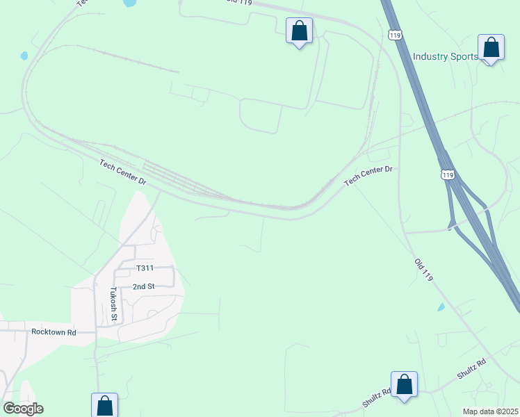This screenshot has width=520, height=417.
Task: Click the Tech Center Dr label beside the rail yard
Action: click(123, 172)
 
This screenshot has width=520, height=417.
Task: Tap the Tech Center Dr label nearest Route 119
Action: click(368, 174)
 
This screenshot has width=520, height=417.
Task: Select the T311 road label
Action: click(145, 268)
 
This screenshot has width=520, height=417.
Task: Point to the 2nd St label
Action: click(143, 286)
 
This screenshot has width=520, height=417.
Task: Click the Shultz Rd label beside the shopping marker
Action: click(376, 398)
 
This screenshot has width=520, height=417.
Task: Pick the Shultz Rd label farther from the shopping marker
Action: click(471, 368)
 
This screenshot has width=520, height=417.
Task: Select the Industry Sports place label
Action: click(445, 56)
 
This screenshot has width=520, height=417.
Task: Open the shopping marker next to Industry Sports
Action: click(491, 49)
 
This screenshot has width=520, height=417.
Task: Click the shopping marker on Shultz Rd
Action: click(404, 385)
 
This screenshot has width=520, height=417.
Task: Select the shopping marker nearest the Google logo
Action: click(104, 405)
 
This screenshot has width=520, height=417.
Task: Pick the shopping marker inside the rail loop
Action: click(299, 31)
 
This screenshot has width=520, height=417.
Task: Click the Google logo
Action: click(23, 409)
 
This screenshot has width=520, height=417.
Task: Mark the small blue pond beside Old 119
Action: click(441, 306)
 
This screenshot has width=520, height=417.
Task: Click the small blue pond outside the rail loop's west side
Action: click(24, 56)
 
